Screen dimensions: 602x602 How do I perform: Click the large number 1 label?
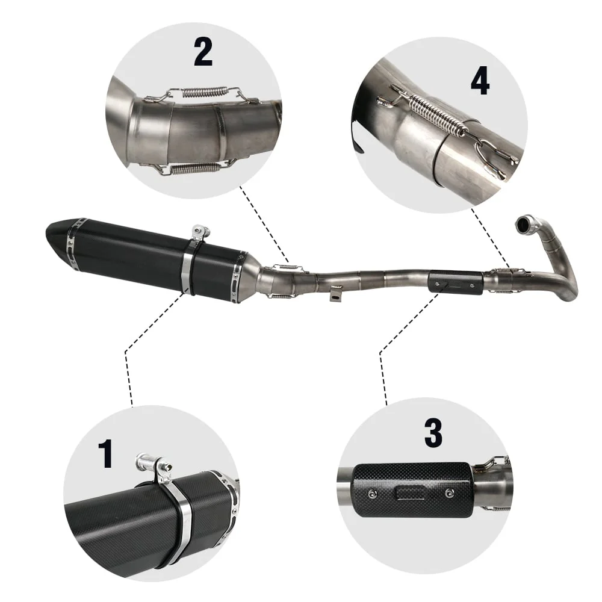click(x=105, y=454)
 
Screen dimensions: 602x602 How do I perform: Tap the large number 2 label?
click(x=203, y=52)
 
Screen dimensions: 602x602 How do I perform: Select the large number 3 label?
click(x=433, y=432)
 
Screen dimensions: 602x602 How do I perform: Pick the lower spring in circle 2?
click(x=194, y=168)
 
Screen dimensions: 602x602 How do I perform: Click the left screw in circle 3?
click(x=371, y=494)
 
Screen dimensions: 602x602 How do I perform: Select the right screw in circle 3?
click(x=449, y=492)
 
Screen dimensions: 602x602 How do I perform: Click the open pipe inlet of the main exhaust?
click(x=524, y=224)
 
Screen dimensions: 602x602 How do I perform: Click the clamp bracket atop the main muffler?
click(x=200, y=232)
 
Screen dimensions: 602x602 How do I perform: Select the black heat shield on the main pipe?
click(x=455, y=282)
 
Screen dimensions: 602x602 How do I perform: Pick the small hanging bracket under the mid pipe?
click(x=336, y=293)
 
